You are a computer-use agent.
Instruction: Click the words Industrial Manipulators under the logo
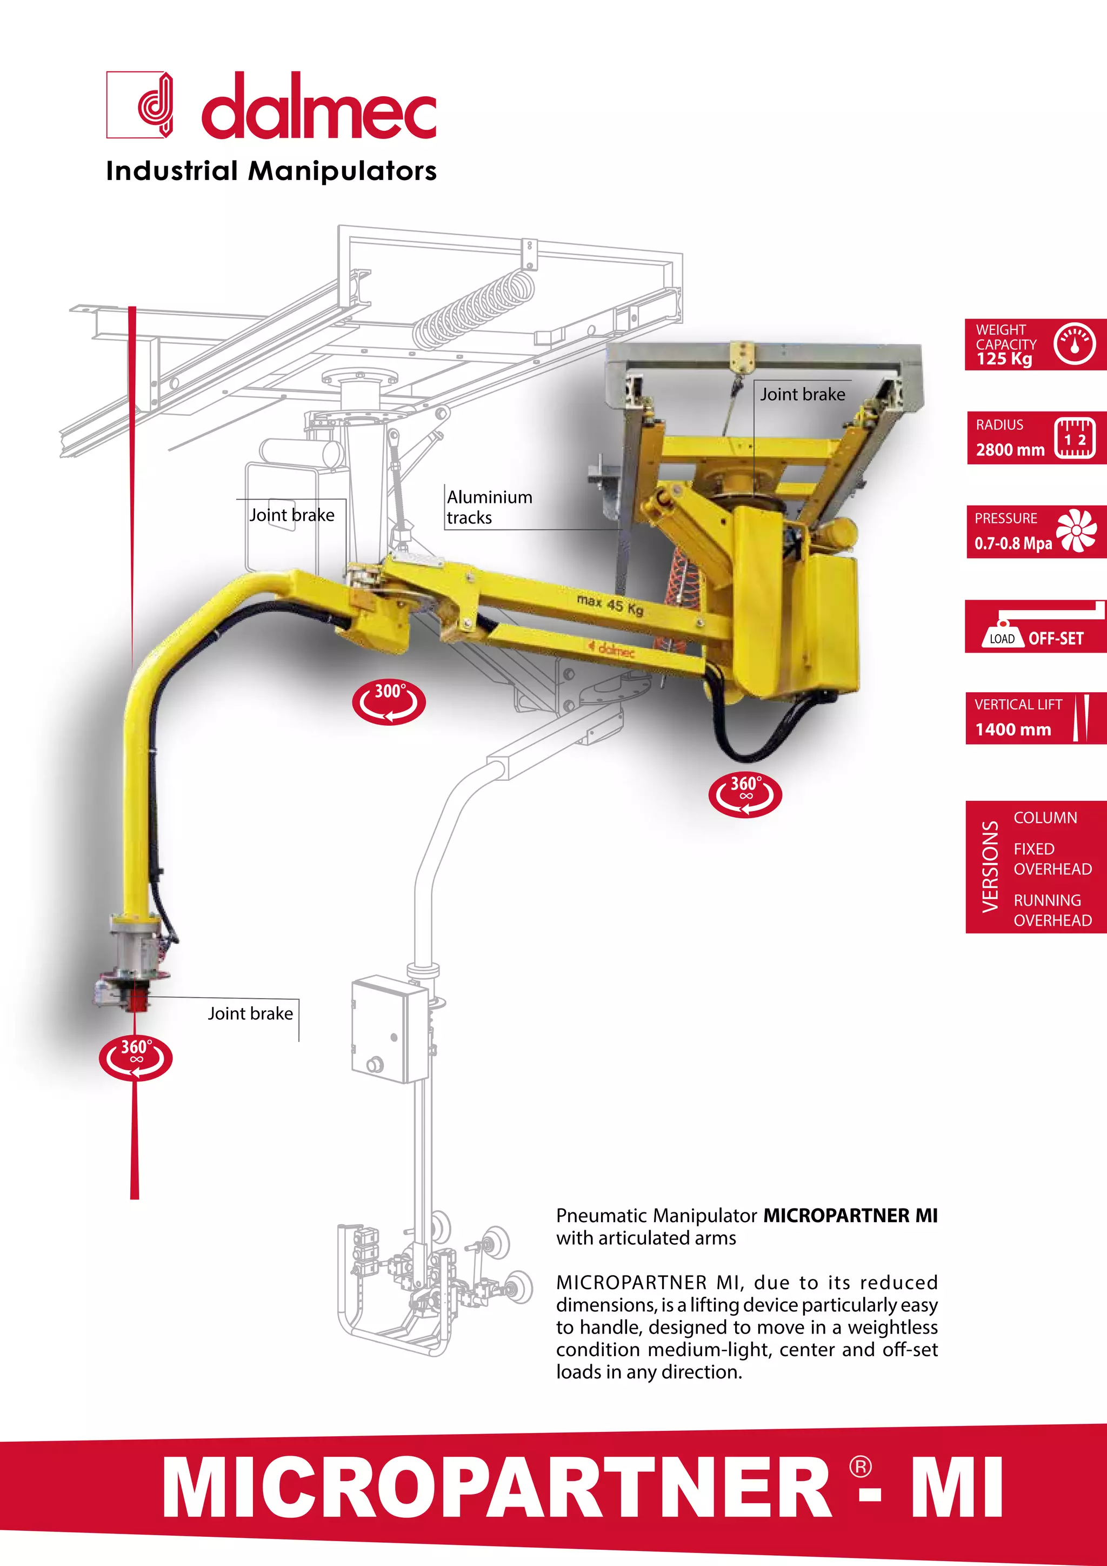point(271,170)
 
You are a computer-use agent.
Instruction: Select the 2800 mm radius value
point(1010,449)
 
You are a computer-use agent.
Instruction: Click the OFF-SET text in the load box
point(1055,639)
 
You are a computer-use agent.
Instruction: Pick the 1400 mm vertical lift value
point(1012,729)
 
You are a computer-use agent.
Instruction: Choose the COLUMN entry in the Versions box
point(1045,817)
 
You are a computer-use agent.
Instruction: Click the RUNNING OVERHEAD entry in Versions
point(1052,910)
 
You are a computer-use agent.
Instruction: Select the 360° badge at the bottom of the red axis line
point(136,1058)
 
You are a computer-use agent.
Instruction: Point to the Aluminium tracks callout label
point(489,507)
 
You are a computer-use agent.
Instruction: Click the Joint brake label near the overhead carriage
point(802,394)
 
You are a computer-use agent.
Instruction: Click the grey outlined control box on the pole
point(389,1028)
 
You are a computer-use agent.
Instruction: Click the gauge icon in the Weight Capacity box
point(1074,344)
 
